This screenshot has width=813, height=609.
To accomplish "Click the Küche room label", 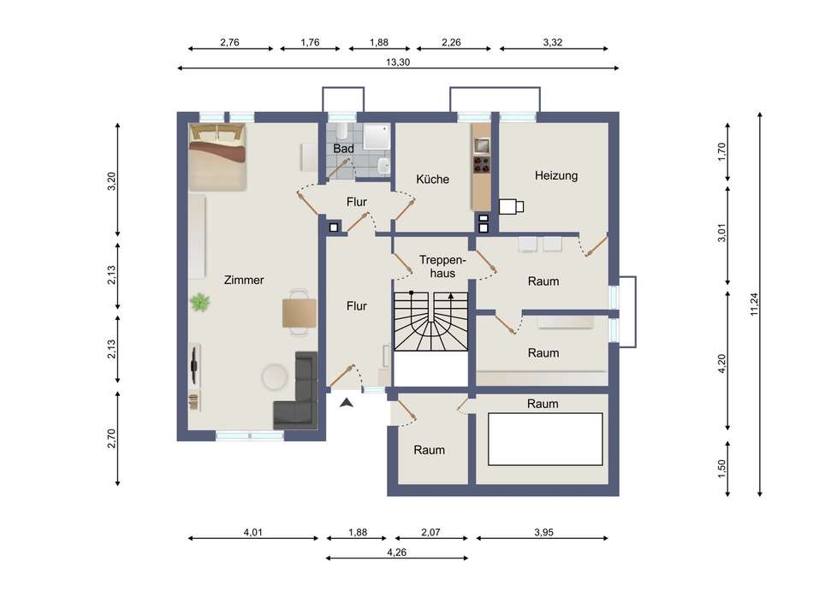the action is tap(432, 180).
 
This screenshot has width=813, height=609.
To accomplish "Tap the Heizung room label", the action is tap(556, 175).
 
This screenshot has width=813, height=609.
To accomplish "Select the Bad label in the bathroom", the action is tap(343, 149).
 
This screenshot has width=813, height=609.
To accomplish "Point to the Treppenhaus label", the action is tap(442, 266).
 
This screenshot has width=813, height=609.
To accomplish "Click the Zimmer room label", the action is tap(244, 280).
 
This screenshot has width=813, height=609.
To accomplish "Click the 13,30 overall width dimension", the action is tap(398, 62).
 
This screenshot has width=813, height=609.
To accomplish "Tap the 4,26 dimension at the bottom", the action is tap(396, 553).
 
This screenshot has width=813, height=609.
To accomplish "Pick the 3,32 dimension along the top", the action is tap(553, 43).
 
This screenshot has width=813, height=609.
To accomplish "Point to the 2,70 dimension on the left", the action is tap(111, 439).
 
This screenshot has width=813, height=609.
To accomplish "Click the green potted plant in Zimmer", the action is tap(200, 302).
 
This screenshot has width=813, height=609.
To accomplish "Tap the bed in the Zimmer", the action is tap(217, 157).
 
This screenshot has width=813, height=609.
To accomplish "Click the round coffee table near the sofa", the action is tap(275, 377).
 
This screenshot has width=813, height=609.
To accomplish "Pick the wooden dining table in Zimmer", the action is tap(300, 313).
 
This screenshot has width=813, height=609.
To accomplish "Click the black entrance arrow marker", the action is tap(347, 402).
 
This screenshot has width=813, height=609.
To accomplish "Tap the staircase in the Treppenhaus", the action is tap(430, 322).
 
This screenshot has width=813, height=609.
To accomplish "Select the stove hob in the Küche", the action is tap(481, 165).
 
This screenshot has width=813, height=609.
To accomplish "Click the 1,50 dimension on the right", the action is tap(721, 469).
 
